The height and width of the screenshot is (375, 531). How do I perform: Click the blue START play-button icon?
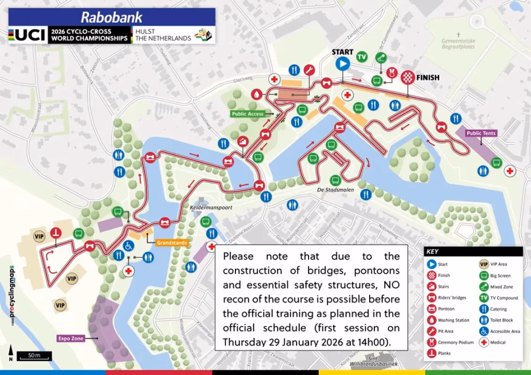click(x=342, y=64)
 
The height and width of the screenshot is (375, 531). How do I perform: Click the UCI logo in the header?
click(x=28, y=35)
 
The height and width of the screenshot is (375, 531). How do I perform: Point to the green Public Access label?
click(x=248, y=114)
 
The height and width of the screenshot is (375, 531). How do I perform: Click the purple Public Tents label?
click(x=481, y=133)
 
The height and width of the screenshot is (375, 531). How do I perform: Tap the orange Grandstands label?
click(x=172, y=243)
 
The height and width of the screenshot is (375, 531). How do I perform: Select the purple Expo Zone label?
click(x=71, y=338)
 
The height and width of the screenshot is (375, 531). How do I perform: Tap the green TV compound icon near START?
click(x=361, y=57)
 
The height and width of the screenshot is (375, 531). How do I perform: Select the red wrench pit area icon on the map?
click(x=308, y=70)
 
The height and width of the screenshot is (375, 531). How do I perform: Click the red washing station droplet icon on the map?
click(x=256, y=94)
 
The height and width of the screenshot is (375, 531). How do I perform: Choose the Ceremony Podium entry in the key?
click(x=455, y=342)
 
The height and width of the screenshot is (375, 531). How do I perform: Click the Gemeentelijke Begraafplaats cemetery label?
click(x=458, y=44)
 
